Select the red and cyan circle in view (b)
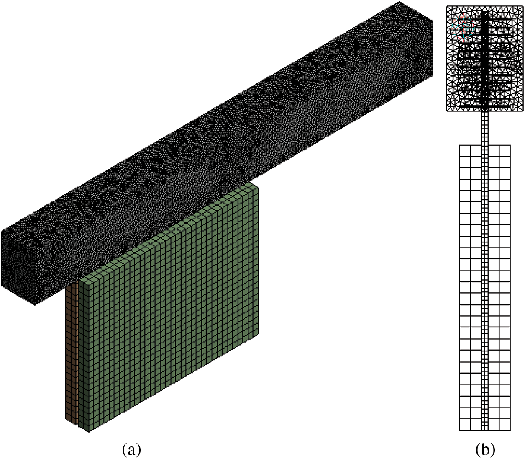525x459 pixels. pos(462,29)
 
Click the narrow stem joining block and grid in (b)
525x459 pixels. pos(485,128)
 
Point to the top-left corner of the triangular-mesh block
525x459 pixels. pos(447,6)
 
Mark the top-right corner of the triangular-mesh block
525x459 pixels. pos(522,6)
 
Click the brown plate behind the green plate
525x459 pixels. pos(72,354)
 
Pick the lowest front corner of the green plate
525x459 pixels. pos(89,433)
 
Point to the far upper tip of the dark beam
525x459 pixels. pos(399,2)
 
